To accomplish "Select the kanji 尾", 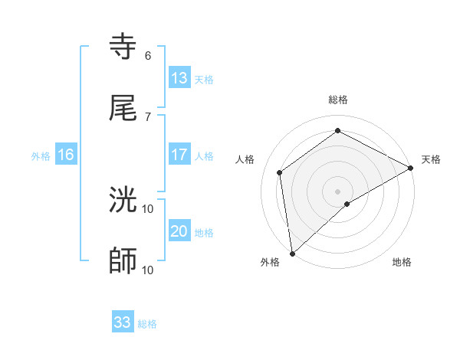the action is click(123, 108).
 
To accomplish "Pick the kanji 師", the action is click(123, 261).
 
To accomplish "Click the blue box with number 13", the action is click(179, 78).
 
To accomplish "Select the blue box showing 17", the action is click(179, 155).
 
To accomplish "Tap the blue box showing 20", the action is click(179, 231).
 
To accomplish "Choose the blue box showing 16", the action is click(66, 155).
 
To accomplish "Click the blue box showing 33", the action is click(123, 322).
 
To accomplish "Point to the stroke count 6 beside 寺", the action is click(148, 56).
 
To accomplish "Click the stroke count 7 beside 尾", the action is click(148, 116).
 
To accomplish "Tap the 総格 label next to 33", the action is click(147, 324).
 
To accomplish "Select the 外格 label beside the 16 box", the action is click(41, 155).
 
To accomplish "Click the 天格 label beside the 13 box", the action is click(204, 79).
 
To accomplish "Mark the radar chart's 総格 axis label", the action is click(338, 100).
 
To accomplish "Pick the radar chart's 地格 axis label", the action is click(402, 262).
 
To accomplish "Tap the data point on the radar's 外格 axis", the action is click(292, 254).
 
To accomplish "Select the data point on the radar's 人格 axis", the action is click(280, 172).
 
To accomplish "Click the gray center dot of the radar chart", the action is click(338, 191).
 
